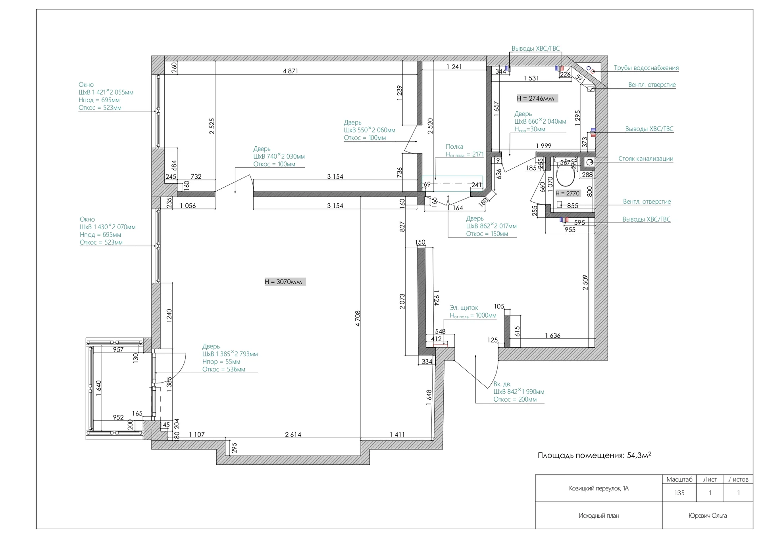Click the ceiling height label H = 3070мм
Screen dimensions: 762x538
[x=285, y=282]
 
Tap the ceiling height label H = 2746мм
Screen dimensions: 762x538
[x=537, y=98]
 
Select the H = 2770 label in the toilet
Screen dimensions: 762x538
[x=568, y=193]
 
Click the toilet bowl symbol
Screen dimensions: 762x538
[x=566, y=176]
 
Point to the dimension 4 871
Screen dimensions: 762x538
[x=290, y=71]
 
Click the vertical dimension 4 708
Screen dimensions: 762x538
[x=358, y=318]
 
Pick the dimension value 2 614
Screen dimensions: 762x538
[x=293, y=435]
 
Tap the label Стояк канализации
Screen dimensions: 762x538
[x=646, y=159]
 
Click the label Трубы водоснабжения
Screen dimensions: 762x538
[x=646, y=68]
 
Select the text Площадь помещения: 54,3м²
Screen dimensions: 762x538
[x=595, y=455]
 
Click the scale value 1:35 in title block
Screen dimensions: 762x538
[x=679, y=493]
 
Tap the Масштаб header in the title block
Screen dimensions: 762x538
[x=679, y=479]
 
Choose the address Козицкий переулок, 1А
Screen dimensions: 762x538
[x=598, y=488]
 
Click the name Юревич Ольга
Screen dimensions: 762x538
[x=708, y=515]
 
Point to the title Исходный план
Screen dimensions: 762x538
[x=598, y=515]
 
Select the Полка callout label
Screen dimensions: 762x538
[x=454, y=147]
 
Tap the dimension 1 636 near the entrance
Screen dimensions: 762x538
[x=552, y=335]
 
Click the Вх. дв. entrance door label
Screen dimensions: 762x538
[x=502, y=384]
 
